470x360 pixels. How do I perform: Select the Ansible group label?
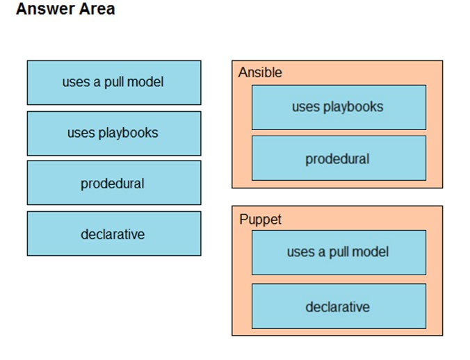click(x=260, y=72)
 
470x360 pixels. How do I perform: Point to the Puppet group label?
click(x=260, y=220)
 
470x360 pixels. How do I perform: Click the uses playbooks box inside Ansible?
click(x=339, y=107)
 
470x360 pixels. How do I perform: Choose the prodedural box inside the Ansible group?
click(x=339, y=158)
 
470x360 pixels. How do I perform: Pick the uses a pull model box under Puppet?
click(x=339, y=252)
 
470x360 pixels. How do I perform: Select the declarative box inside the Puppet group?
click(x=339, y=306)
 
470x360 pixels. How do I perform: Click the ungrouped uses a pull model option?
click(x=114, y=83)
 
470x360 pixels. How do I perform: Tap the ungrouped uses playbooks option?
click(x=114, y=133)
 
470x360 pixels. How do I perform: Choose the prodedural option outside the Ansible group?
click(x=114, y=183)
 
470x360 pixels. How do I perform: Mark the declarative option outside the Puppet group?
click(x=114, y=234)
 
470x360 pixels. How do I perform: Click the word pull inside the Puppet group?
click(x=339, y=252)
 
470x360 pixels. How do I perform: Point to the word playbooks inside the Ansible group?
click(x=353, y=107)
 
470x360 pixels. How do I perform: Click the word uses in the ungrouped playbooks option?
click(x=81, y=133)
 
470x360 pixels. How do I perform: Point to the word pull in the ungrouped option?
click(x=113, y=83)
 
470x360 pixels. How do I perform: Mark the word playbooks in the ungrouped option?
click(x=129, y=133)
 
